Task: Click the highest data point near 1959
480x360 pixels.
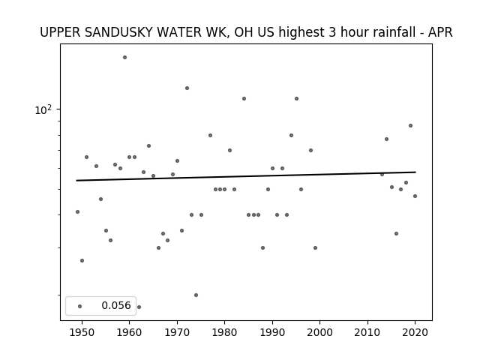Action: (x=125, y=58)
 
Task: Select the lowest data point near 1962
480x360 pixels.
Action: (x=139, y=307)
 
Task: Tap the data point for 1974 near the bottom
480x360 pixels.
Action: (x=196, y=295)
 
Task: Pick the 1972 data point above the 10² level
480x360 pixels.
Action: (x=187, y=88)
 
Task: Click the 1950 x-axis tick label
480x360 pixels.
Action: (x=82, y=332)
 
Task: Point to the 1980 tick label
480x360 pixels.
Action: (x=224, y=332)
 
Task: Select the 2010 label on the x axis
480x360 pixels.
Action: (x=367, y=332)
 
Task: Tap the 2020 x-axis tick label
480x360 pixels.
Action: (x=415, y=332)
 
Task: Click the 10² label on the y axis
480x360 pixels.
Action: (x=43, y=110)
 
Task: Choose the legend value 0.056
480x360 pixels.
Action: (x=116, y=305)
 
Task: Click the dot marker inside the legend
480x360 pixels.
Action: (x=80, y=307)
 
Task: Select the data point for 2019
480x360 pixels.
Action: (x=410, y=126)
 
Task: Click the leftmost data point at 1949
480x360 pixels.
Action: (x=77, y=211)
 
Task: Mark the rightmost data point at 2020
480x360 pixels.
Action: (x=415, y=196)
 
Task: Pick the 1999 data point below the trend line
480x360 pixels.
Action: (x=315, y=248)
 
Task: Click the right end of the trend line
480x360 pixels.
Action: (x=415, y=172)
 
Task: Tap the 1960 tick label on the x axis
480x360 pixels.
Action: (x=129, y=332)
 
